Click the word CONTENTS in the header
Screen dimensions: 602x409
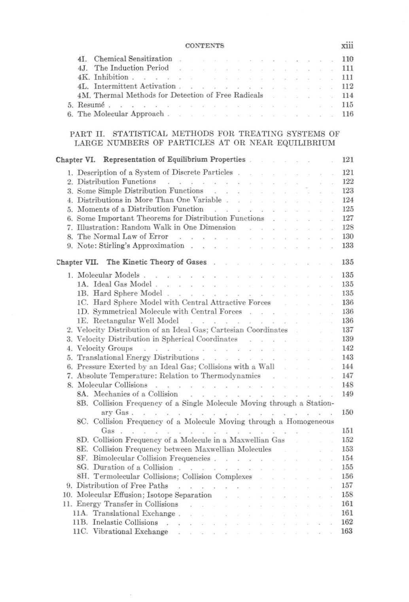(x=204, y=46)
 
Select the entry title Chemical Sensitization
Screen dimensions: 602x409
(x=133, y=59)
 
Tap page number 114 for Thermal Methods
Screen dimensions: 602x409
(x=347, y=96)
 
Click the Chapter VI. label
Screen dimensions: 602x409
(x=78, y=160)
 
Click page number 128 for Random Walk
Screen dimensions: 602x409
(x=347, y=227)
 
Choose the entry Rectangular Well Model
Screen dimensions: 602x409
(x=136, y=321)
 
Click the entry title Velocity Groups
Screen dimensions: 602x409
(x=105, y=348)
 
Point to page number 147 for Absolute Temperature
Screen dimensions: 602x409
(x=347, y=376)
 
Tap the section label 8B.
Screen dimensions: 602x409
(x=83, y=403)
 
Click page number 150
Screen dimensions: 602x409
(x=347, y=413)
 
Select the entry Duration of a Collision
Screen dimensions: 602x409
(x=133, y=467)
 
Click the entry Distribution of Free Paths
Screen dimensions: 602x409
(x=122, y=486)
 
